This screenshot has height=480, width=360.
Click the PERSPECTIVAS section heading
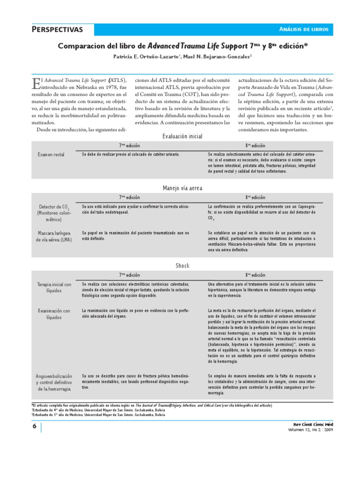(x=57, y=30)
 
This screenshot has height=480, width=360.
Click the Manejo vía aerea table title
(x=182, y=187)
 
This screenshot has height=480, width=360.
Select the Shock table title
(x=182, y=265)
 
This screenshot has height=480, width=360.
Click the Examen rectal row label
(x=51, y=154)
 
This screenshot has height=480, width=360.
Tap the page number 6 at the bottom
(x=35, y=426)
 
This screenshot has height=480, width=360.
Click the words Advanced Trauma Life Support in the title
(x=197, y=46)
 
